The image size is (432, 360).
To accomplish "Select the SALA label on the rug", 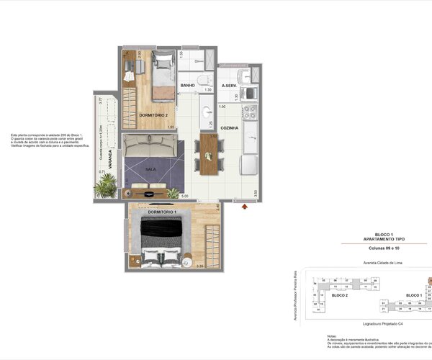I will tap(150, 169).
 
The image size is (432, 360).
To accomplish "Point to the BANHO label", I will tap(188, 86).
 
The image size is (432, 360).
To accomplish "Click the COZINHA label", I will tap(229, 127).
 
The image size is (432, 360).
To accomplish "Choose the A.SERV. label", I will tap(230, 86).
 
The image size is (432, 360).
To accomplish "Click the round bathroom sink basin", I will tap(206, 112).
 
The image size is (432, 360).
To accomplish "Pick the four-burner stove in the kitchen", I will tap(251, 113).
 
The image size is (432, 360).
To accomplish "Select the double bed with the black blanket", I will tap(161, 241).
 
